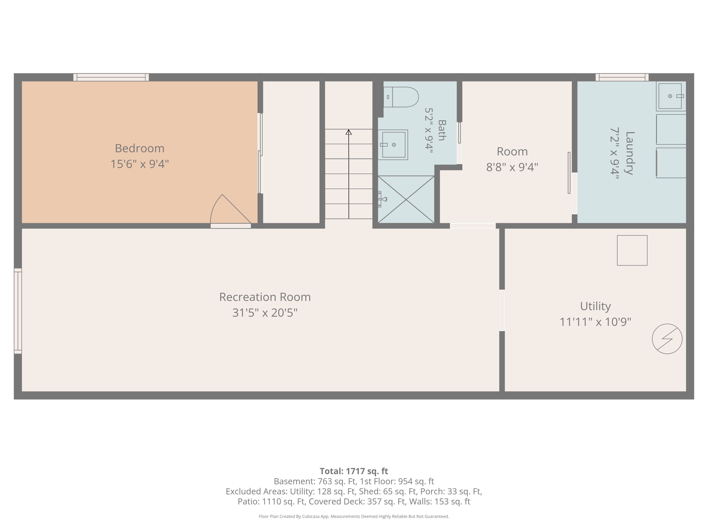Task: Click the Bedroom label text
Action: [140, 148]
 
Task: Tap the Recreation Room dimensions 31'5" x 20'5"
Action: [265, 313]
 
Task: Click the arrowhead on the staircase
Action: [348, 132]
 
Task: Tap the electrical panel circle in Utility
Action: [667, 339]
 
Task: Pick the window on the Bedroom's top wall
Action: [111, 77]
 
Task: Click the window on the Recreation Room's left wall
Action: [18, 311]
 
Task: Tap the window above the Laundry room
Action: [622, 77]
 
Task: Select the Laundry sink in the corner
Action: [671, 96]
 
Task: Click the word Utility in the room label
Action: [595, 306]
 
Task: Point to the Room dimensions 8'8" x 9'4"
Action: [512, 167]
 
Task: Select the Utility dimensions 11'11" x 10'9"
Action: [595, 322]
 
